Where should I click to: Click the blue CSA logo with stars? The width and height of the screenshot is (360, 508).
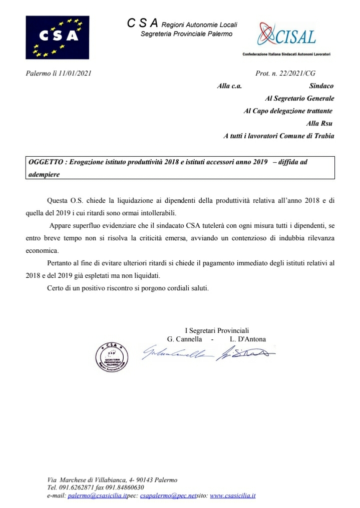click(x=58, y=37)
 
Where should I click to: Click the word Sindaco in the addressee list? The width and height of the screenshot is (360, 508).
click(x=321, y=86)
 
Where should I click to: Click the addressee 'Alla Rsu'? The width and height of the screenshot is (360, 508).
click(x=319, y=123)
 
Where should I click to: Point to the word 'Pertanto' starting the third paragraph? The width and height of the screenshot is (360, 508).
click(x=60, y=263)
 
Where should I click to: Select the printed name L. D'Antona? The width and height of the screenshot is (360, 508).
click(x=248, y=339)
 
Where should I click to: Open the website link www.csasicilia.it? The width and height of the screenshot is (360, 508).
click(x=232, y=495)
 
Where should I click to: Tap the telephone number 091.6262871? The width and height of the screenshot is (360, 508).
click(x=79, y=487)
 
